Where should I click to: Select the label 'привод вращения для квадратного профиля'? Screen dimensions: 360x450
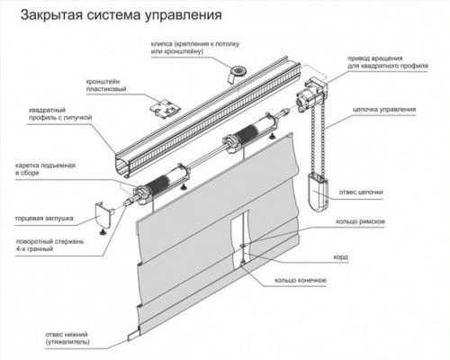[379, 62]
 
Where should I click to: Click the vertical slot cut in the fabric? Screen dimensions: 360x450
[241, 235]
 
